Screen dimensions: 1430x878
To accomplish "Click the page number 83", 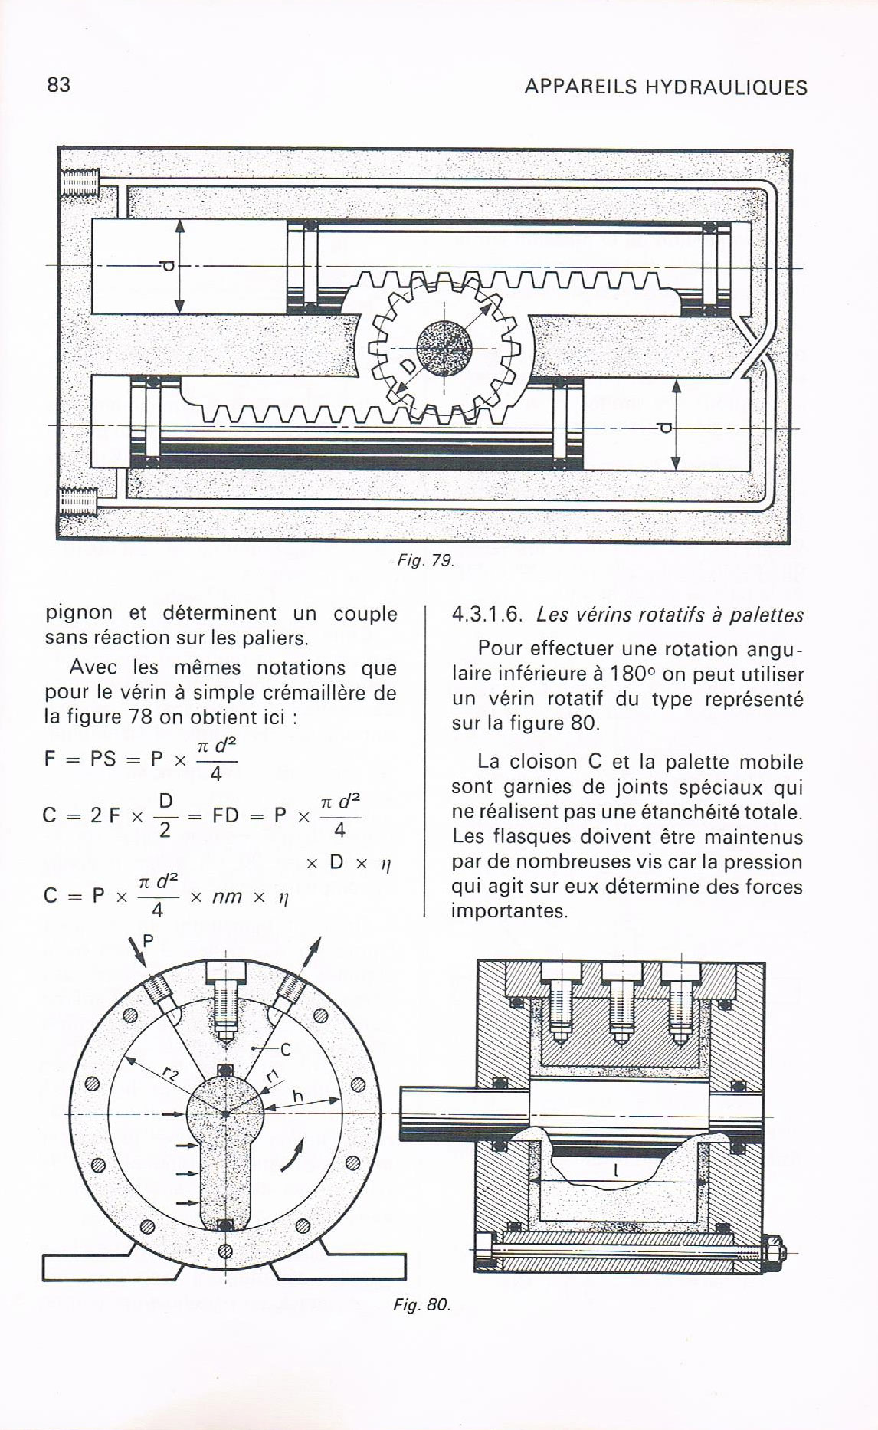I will (58, 85).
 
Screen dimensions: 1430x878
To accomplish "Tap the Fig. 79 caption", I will (426, 561).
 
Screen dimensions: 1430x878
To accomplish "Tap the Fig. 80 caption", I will (421, 1304).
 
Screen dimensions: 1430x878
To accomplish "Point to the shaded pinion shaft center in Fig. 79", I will (446, 346).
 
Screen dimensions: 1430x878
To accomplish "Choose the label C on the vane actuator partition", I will (285, 1050).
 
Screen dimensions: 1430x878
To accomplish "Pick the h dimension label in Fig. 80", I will (298, 1097).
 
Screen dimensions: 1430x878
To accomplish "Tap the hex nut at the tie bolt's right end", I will (772, 1252).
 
